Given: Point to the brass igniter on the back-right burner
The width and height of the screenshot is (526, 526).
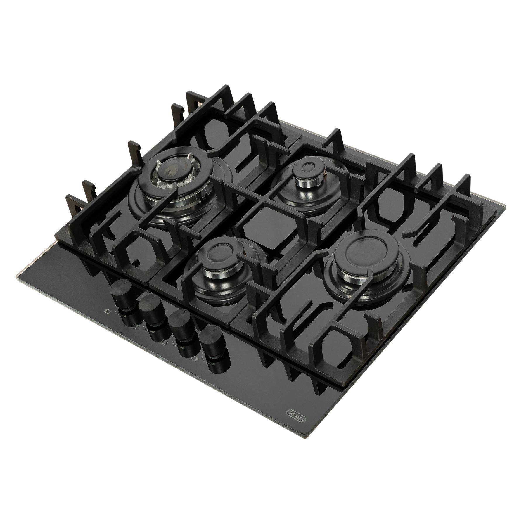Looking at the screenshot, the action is [325, 176].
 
